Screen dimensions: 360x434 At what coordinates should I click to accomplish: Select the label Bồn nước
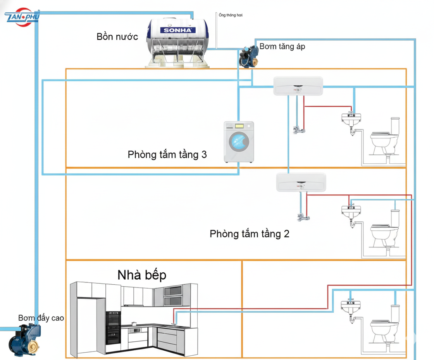(117, 37)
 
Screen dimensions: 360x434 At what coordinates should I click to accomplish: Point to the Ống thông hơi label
(231, 15)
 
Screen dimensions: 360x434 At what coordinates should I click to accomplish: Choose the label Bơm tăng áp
(282, 47)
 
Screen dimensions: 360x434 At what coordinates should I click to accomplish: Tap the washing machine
(239, 142)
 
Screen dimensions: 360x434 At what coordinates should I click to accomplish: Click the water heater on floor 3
(298, 86)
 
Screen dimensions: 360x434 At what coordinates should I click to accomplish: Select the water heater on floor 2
(301, 182)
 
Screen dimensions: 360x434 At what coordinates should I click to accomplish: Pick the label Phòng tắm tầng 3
(167, 154)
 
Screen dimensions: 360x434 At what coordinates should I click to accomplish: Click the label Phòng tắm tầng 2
(249, 234)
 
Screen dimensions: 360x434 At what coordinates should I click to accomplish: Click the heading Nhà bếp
(142, 275)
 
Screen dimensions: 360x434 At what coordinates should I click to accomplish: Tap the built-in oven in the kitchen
(113, 328)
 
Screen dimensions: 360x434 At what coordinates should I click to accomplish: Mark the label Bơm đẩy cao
(41, 318)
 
